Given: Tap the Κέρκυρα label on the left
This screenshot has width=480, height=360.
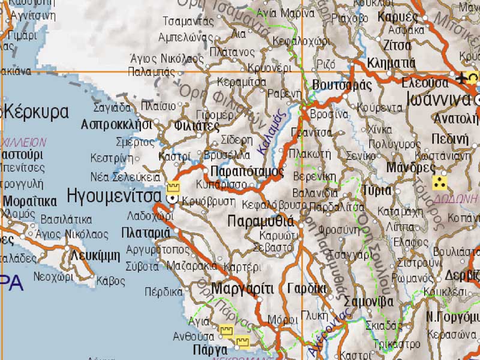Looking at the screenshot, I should pyautogui.click(x=36, y=112).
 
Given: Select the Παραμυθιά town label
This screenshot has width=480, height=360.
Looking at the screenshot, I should pyautogui.click(x=261, y=221).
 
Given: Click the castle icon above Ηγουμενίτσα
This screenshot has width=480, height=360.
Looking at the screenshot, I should pyautogui.click(x=173, y=185).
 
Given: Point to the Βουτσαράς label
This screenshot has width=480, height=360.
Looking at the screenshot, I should pyautogui.click(x=343, y=85).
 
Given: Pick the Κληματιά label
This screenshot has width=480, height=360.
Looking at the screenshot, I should pyautogui.click(x=391, y=62).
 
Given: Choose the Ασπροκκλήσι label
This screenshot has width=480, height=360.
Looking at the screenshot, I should pyautogui.click(x=116, y=124).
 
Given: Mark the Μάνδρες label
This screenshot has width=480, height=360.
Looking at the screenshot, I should pyautogui.click(x=410, y=167).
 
